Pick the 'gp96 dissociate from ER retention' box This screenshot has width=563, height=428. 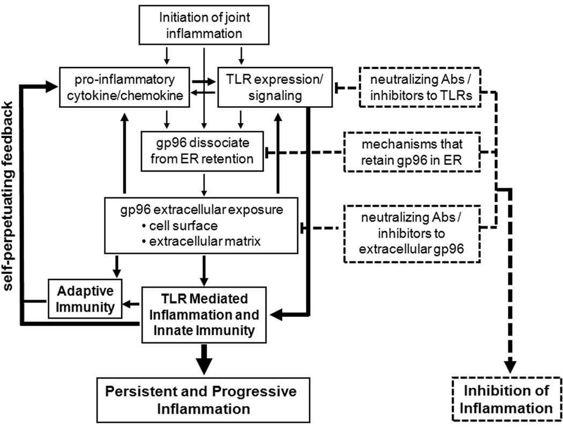[x=203, y=151]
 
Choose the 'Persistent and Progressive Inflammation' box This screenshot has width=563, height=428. [x=203, y=399]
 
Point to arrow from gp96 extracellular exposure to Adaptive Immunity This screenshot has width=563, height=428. [x=115, y=265]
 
